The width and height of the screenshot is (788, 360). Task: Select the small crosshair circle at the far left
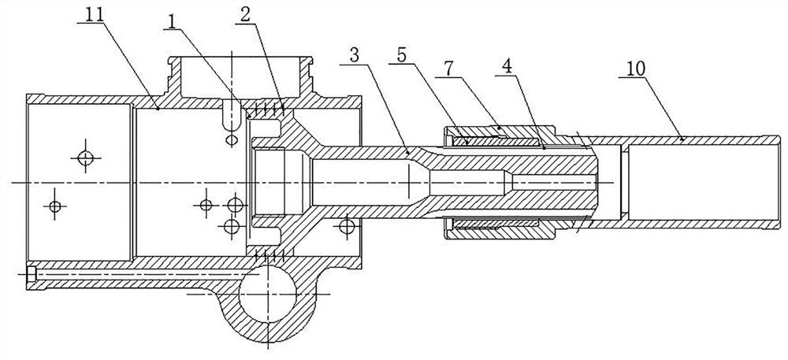point(54,206)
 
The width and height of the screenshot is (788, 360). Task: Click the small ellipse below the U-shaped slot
point(232,139)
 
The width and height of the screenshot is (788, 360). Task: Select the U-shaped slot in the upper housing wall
point(232,114)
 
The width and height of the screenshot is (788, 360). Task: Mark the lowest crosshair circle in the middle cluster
point(231,227)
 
